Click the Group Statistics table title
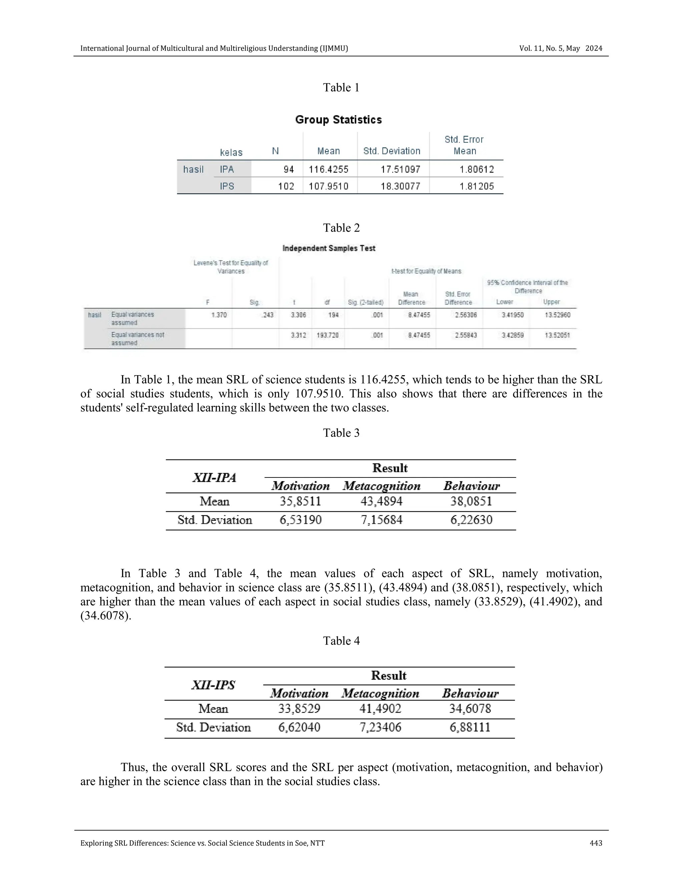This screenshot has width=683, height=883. [x=338, y=120]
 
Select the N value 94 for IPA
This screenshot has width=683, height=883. [x=288, y=169]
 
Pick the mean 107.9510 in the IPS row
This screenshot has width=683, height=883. [x=328, y=186]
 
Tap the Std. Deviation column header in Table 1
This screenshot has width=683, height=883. [x=392, y=151]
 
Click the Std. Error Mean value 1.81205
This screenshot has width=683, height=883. [x=477, y=186]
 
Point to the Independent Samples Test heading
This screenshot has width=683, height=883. [x=328, y=248]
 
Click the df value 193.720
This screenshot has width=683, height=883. [x=327, y=335]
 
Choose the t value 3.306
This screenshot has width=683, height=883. [x=298, y=315]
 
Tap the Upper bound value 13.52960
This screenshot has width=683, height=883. [x=557, y=315]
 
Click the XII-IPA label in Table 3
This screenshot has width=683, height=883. [x=214, y=478]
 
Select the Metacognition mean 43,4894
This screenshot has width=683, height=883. [x=381, y=502]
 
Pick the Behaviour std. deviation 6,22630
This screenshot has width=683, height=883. [x=471, y=520]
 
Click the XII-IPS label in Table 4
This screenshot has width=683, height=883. [x=213, y=685]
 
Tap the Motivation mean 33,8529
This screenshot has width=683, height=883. [x=299, y=709]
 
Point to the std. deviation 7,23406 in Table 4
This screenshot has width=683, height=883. [x=380, y=727]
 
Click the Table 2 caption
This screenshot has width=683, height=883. [x=341, y=228]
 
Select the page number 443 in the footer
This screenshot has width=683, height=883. [x=596, y=843]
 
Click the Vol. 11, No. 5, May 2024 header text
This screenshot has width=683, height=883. [x=560, y=49]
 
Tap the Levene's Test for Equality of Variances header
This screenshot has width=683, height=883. [x=231, y=267]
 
